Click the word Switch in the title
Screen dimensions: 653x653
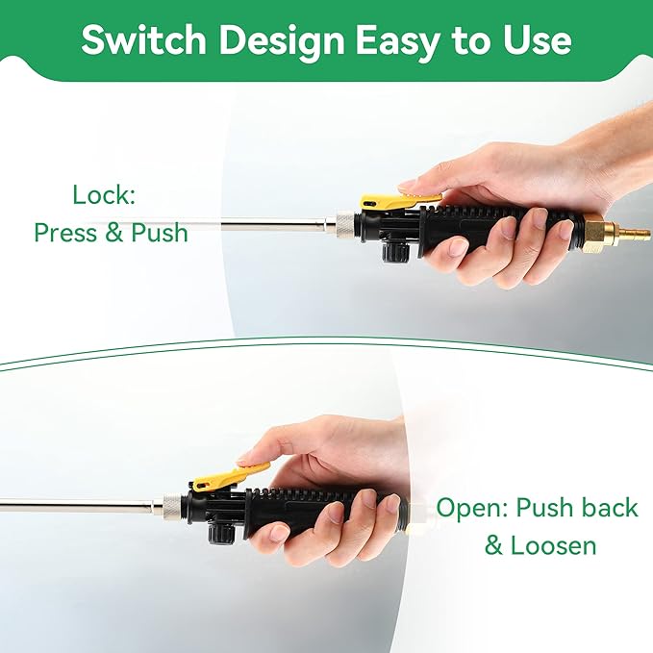pyautogui.click(x=143, y=40)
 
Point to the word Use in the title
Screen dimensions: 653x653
pyautogui.click(x=538, y=40)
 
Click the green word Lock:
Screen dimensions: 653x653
pyautogui.click(x=104, y=194)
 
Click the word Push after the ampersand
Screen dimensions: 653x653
pyautogui.click(x=160, y=232)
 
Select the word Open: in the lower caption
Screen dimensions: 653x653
pyautogui.click(x=472, y=509)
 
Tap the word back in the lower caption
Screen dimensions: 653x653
pyautogui.click(x=610, y=507)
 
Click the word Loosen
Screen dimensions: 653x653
pyautogui.click(x=554, y=545)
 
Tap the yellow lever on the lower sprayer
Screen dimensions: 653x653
pyautogui.click(x=228, y=478)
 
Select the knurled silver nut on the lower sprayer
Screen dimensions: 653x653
pyautogui.click(x=171, y=504)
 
